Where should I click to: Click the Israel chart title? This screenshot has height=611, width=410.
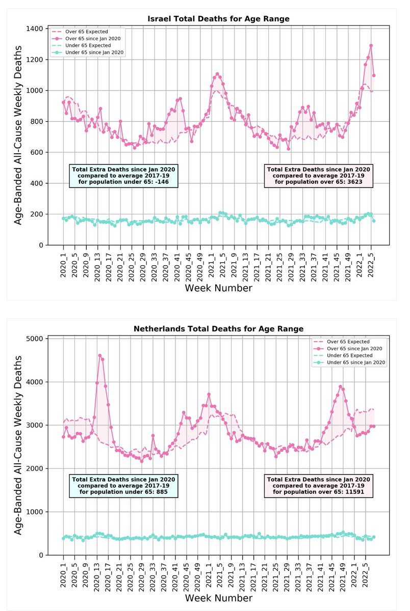(219, 19)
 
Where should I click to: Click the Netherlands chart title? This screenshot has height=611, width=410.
(219, 329)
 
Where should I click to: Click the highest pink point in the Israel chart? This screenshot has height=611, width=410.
(371, 45)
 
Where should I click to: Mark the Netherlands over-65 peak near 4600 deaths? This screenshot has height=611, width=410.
(100, 356)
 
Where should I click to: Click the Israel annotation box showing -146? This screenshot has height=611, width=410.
(123, 176)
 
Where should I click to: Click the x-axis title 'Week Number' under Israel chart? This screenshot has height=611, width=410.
(219, 288)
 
